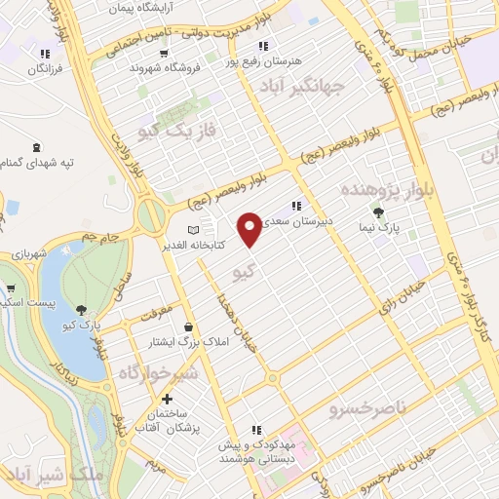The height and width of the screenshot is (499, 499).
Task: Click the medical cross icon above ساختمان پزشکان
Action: tap(168, 399)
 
